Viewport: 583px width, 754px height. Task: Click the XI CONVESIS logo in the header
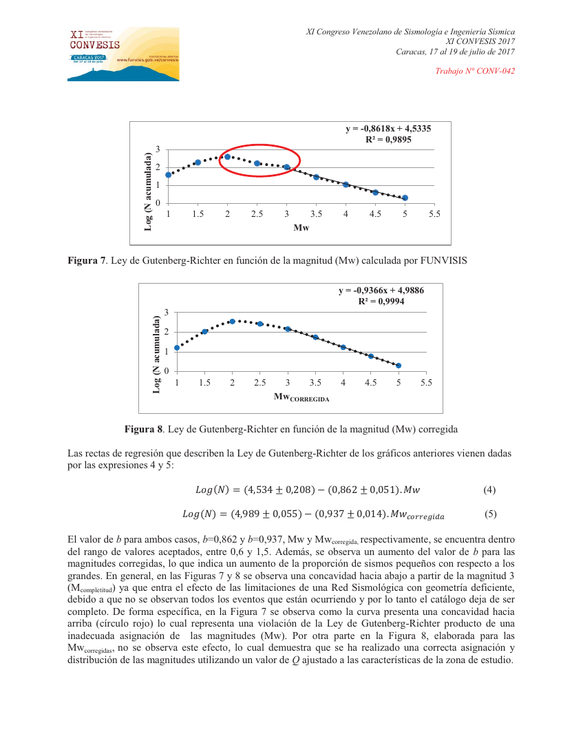(123, 54)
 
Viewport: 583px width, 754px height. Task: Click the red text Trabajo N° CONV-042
(476, 71)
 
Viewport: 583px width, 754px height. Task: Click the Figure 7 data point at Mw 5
(405, 198)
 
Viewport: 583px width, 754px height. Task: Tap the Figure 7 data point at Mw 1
(169, 175)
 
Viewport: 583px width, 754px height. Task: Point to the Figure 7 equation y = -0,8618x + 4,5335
(388, 128)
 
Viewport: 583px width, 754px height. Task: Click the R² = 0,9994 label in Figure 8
(381, 301)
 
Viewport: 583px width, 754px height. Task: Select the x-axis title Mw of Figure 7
(301, 228)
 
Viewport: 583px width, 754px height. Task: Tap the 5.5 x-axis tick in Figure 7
(434, 215)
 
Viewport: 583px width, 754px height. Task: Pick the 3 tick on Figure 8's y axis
(166, 313)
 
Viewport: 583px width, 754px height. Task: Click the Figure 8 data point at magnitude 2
(233, 322)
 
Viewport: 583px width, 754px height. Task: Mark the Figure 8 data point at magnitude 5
(399, 366)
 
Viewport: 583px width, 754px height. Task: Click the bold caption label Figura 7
(86, 260)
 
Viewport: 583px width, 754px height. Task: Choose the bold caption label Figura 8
(143, 429)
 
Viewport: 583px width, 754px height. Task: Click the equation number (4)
(489, 490)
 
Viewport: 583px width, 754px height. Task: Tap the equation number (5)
(490, 514)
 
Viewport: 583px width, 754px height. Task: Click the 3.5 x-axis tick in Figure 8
(315, 383)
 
